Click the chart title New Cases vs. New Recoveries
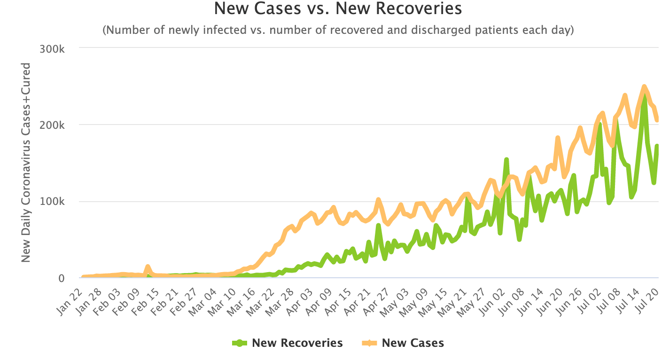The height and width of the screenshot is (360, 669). [338, 8]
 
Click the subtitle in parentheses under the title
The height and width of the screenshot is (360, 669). [338, 31]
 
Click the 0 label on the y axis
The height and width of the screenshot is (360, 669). [61, 278]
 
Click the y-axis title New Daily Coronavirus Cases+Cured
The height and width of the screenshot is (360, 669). [26, 162]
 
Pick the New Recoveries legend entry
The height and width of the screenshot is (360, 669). [288, 343]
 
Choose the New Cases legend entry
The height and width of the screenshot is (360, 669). [404, 343]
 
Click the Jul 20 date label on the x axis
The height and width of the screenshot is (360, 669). [651, 293]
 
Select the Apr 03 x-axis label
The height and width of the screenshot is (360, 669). [296, 293]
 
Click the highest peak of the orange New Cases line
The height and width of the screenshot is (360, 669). [644, 86]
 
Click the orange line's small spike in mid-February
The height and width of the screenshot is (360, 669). [148, 266]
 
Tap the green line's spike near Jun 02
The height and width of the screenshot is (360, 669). [506, 160]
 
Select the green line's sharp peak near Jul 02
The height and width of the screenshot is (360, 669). [599, 125]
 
